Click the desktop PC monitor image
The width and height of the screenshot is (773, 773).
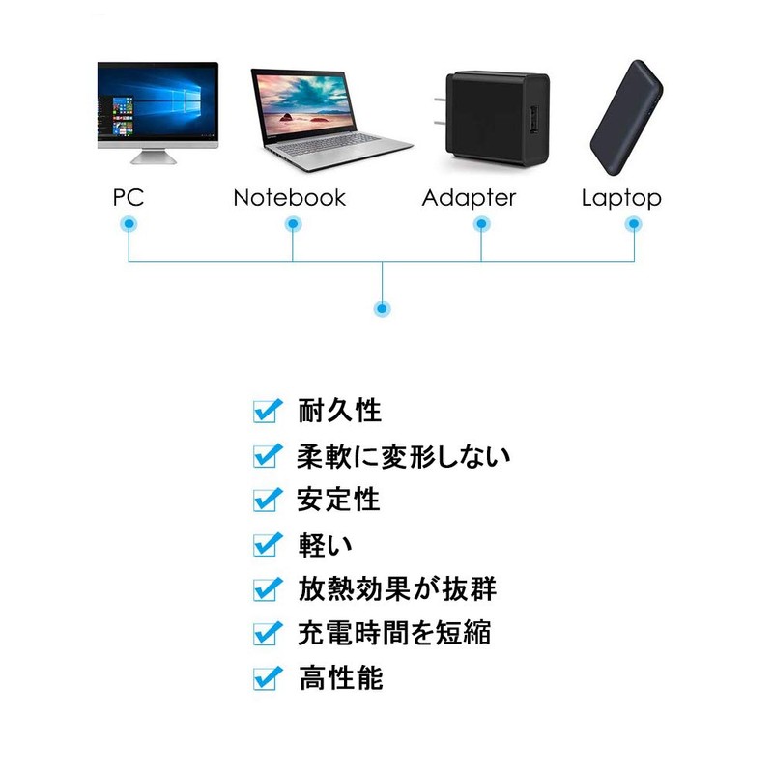coord(157,112)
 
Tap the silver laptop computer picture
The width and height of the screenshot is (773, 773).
coord(331,120)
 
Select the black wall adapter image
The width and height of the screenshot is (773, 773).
coord(493,119)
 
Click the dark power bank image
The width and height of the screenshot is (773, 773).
coord(626,118)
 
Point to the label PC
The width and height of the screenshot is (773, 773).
coord(129,198)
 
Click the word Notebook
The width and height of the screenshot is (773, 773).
coord(290,198)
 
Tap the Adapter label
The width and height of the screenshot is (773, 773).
coord(469,199)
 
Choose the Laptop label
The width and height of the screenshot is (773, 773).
coord(621,199)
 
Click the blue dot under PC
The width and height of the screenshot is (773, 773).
coord(129,224)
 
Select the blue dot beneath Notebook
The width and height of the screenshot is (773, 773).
coord(293,224)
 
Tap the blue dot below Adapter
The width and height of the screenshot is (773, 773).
coord(481,224)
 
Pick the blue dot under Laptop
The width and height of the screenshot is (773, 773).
coord(634,224)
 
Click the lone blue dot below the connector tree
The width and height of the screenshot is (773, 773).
coord(382,309)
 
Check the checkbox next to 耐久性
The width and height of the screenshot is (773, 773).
coord(268,411)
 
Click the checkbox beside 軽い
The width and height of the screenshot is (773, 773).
coord(268,545)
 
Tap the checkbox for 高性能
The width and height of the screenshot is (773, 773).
coord(268,678)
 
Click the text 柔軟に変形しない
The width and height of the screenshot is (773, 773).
coord(403,456)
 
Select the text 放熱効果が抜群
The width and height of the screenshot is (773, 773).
coord(397,588)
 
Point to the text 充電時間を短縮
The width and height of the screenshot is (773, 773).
coord(394,633)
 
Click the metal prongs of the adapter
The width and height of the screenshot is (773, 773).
coord(441,111)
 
